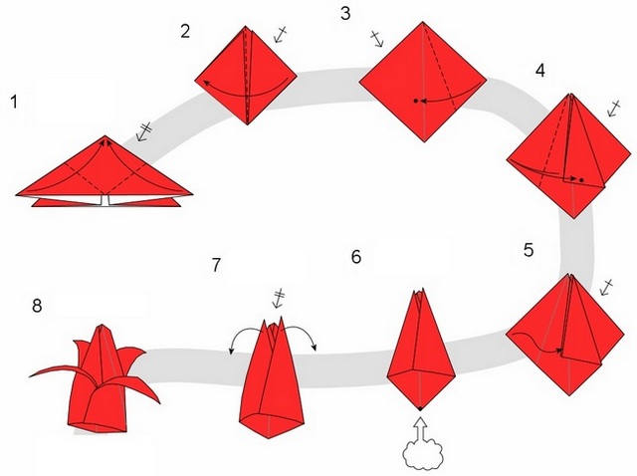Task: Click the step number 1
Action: click(14, 102)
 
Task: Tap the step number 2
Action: click(185, 31)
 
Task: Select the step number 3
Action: click(345, 13)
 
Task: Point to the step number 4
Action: click(539, 71)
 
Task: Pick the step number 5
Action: click(529, 250)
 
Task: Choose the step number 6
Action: click(356, 257)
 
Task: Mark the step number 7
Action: click(216, 265)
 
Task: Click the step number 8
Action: click(37, 306)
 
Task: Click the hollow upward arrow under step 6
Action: click(420, 429)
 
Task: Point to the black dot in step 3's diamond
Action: click(416, 101)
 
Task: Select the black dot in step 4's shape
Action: click(581, 180)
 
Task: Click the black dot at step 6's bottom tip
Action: click(420, 408)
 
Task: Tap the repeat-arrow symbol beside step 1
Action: click(143, 131)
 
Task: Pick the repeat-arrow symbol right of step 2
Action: click(281, 34)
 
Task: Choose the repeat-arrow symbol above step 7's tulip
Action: click(279, 299)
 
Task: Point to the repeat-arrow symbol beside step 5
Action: click(606, 287)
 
